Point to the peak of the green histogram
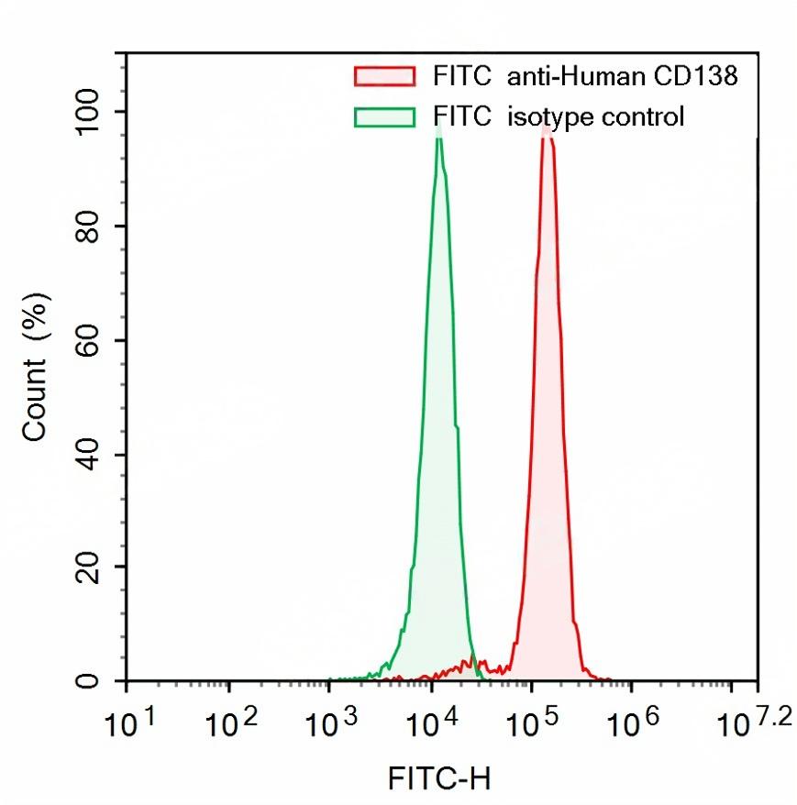(439, 130)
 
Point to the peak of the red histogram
(547, 126)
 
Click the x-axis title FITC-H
(439, 779)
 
